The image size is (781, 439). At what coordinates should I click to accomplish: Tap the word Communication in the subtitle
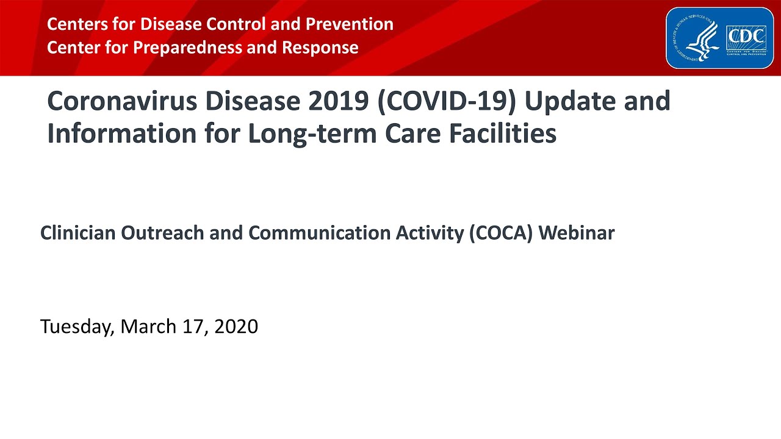(x=311, y=233)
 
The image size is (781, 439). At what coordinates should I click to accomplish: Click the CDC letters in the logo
(x=746, y=38)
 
